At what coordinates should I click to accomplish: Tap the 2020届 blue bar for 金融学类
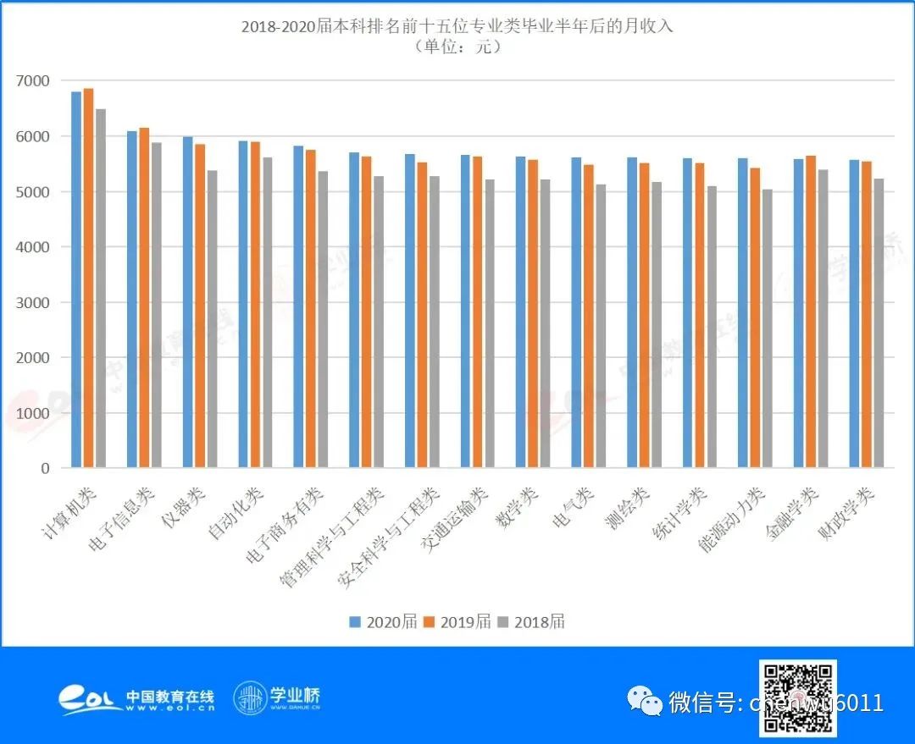[798, 313]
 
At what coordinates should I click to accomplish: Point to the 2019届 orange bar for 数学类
[533, 313]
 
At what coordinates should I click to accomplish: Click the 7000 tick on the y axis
[32, 81]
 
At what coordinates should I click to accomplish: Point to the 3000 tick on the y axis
[32, 302]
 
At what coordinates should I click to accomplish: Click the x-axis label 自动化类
[238, 512]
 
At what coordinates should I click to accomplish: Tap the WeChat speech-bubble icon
[646, 702]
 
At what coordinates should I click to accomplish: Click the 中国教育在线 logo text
[169, 697]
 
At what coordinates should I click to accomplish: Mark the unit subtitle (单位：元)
[457, 47]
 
